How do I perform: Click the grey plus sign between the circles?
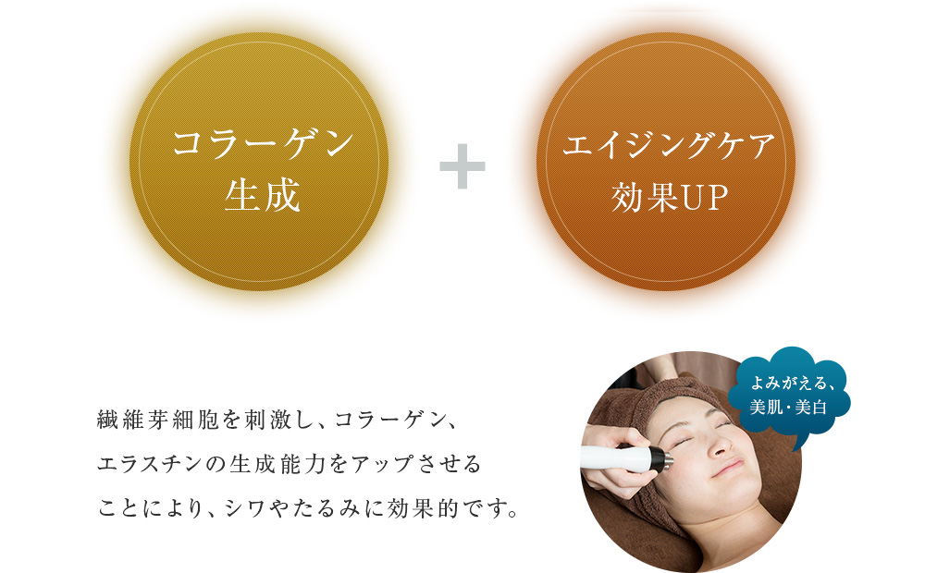pyautogui.click(x=462, y=166)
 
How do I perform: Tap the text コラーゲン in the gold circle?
pyautogui.click(x=263, y=144)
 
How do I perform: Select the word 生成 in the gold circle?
pyautogui.click(x=262, y=196)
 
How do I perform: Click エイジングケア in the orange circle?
pyautogui.click(x=669, y=145)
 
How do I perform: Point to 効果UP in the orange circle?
pyautogui.click(x=669, y=197)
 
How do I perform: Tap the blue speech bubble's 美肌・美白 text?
pyautogui.click(x=788, y=408)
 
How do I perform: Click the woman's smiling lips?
pyautogui.click(x=729, y=469)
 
